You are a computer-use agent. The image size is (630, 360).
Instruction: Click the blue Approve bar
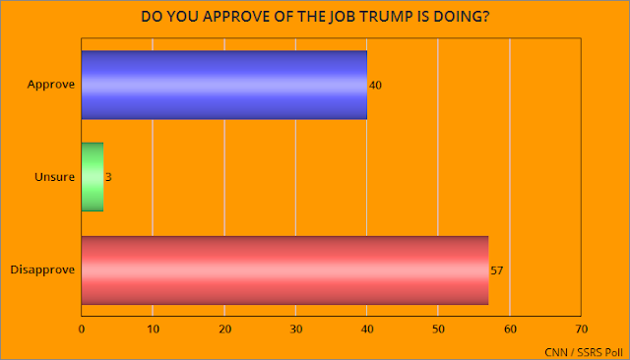click(x=223, y=85)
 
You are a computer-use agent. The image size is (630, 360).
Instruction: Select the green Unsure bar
click(x=92, y=177)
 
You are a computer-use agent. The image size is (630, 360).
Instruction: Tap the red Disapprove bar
click(x=284, y=270)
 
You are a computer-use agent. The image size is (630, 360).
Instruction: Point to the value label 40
click(x=374, y=86)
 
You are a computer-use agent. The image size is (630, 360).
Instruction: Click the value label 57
click(x=496, y=270)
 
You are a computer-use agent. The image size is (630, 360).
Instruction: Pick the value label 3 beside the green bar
click(x=107, y=178)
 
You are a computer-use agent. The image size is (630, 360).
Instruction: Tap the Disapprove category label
click(x=42, y=270)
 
